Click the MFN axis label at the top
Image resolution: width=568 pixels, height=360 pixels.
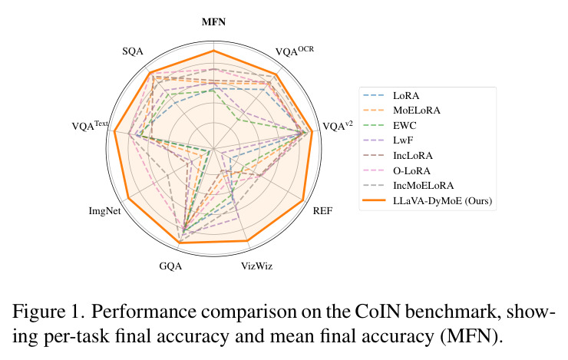click(x=213, y=22)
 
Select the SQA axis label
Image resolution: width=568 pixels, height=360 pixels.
click(x=133, y=51)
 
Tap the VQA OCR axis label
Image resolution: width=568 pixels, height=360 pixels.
click(x=294, y=51)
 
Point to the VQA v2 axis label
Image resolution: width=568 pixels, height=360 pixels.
click(x=337, y=126)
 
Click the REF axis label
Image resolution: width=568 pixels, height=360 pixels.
click(x=322, y=211)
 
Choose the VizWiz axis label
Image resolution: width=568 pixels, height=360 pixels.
click(x=257, y=266)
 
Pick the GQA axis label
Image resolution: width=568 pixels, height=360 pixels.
click(x=170, y=266)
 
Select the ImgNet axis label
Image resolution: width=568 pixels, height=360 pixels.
click(x=104, y=211)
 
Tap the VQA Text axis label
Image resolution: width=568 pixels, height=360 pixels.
click(x=90, y=125)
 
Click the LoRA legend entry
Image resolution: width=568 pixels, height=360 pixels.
click(x=406, y=96)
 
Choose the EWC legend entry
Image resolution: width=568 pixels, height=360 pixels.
click(x=405, y=126)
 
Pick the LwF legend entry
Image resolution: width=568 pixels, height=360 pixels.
click(x=403, y=140)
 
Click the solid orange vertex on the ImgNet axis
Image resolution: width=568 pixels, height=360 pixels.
click(x=129, y=198)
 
